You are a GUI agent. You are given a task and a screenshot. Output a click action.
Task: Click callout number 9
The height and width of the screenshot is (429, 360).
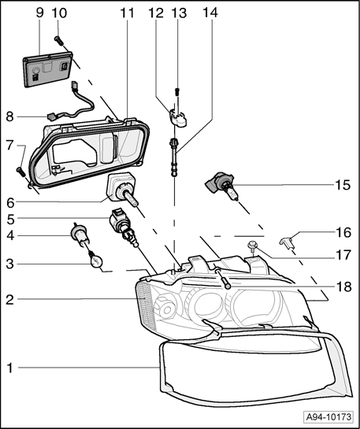pyautogui.click(x=39, y=13)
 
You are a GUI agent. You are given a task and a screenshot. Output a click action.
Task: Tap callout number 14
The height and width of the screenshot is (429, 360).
pyautogui.click(x=210, y=13)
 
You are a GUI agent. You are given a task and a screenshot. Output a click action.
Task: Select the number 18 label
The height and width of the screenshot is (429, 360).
pyautogui.click(x=343, y=287)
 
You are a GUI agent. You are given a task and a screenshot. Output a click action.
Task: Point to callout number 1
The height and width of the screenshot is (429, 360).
pyautogui.click(x=10, y=368)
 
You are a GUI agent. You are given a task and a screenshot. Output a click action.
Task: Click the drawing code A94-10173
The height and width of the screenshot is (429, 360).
pyautogui.click(x=328, y=417)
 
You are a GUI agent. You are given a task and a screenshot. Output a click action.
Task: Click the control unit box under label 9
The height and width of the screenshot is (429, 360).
pyautogui.click(x=48, y=69)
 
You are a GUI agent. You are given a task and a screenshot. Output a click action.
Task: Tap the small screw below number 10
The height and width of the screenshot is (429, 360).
pyautogui.click(x=59, y=41)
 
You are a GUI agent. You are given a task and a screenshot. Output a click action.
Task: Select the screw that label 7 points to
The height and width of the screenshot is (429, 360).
pyautogui.click(x=20, y=172)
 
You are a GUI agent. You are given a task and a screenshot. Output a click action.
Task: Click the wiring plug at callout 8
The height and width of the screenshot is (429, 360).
pyautogui.click(x=51, y=117)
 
